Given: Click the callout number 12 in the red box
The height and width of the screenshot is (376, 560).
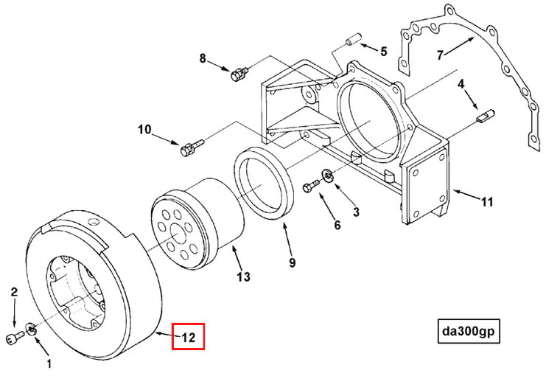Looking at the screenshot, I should tap(188, 338).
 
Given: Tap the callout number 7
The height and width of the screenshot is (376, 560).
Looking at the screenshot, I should tap(440, 55).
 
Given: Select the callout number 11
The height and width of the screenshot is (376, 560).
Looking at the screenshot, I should tap(486, 201).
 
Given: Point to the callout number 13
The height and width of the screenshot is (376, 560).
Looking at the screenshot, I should tap(243, 277).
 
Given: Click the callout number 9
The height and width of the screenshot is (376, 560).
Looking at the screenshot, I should tap(292, 262).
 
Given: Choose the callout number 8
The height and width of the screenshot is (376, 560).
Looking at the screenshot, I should tap(203, 58).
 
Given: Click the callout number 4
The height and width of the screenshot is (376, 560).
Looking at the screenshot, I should tap(461, 84).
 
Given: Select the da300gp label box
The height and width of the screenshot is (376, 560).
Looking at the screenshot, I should tap(467, 332).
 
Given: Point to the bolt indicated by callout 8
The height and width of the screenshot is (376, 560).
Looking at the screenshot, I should tap(237, 74).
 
